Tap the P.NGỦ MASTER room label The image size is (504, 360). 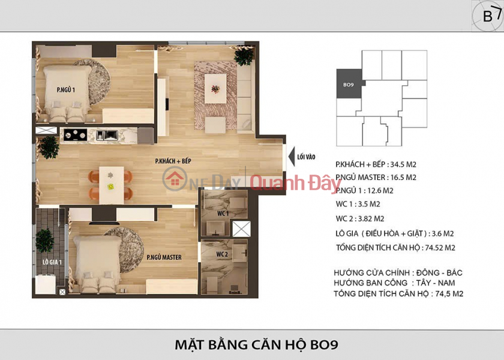pyautogui.click(x=164, y=257)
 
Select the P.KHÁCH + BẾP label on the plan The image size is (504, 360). pyautogui.click(x=174, y=162)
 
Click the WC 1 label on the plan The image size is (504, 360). pyautogui.click(x=223, y=214)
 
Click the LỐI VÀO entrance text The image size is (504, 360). pyautogui.click(x=306, y=157)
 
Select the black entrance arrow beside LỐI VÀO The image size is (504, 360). pyautogui.click(x=290, y=157)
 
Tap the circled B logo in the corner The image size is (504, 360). pyautogui.click(x=487, y=15)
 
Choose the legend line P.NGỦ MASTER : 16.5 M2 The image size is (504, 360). pyautogui.click(x=377, y=178)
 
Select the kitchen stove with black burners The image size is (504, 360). pyautogui.click(x=76, y=134)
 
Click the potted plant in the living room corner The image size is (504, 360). pyautogui.click(x=244, y=57)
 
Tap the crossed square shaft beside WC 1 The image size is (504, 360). pyautogui.click(x=241, y=229)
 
